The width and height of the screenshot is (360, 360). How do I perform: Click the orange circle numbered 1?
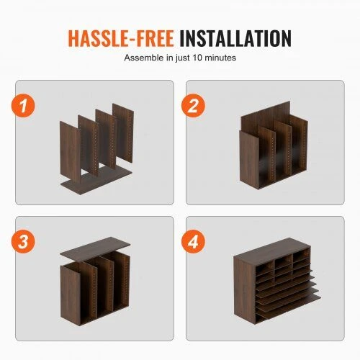tap(23, 106)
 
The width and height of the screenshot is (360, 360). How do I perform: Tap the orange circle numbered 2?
tap(193, 106)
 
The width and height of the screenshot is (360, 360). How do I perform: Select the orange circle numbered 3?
tap(23, 241)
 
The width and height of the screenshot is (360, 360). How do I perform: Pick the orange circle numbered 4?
tap(193, 241)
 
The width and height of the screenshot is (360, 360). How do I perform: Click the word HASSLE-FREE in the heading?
tap(121, 38)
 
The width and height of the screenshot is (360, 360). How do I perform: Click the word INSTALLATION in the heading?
tap(235, 38)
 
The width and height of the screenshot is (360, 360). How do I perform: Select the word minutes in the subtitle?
tap(220, 58)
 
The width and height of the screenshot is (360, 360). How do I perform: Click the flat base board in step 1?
tap(96, 180)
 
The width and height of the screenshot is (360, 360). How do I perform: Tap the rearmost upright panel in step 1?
tap(123, 132)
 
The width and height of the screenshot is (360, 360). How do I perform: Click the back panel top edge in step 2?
tap(266, 109)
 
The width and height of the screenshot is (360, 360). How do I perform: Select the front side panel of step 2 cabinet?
tap(249, 159)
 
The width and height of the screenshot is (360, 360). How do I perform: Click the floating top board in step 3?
tap(95, 250)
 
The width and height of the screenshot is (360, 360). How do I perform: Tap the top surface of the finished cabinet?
tap(271, 250)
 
